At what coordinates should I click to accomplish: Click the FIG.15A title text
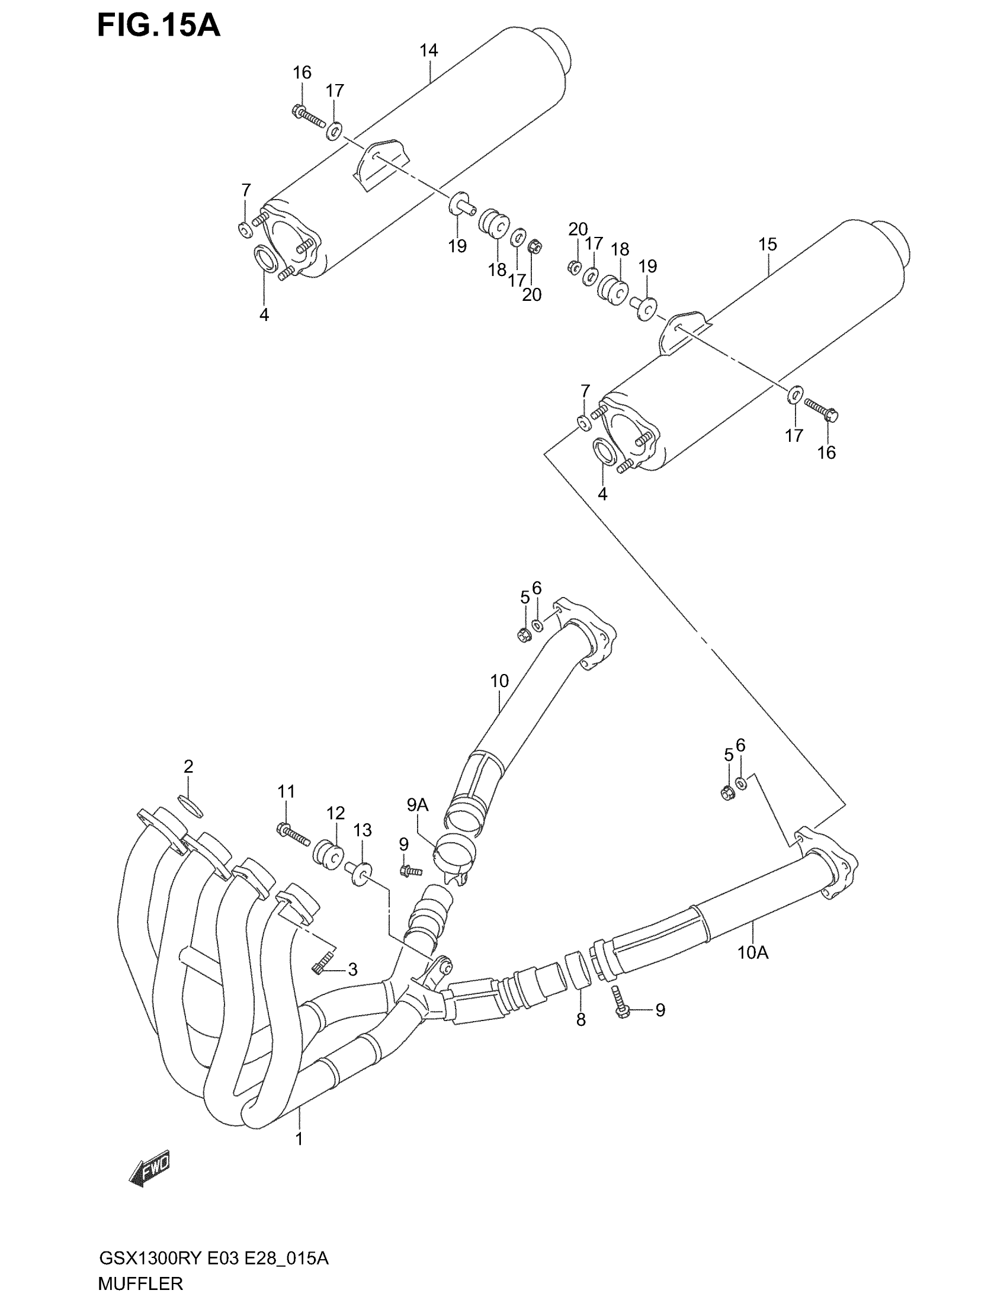[x=159, y=25]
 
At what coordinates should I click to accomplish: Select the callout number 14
[x=428, y=51]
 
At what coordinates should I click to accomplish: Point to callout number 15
[x=768, y=244]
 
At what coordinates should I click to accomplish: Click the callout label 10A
[x=753, y=953]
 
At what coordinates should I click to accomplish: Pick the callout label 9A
[x=418, y=805]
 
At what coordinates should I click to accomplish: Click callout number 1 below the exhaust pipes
[x=299, y=1139]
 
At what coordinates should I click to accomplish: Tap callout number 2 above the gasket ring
[x=188, y=766]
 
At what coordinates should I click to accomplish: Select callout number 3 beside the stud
[x=352, y=970]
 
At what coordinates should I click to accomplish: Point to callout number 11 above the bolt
[x=286, y=792]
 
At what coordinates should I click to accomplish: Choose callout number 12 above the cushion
[x=335, y=813]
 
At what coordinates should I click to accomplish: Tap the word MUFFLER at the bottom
[x=140, y=1283]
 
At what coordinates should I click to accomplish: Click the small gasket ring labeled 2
[x=191, y=805]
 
